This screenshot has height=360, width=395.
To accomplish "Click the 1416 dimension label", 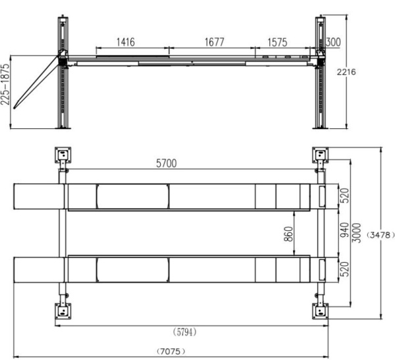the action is (x=126, y=42).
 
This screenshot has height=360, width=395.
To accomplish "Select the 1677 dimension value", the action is (x=214, y=42).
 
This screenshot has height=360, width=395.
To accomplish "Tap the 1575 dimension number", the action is (x=277, y=42).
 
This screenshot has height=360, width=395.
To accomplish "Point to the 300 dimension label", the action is (x=333, y=42).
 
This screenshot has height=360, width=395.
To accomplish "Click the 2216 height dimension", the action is (x=346, y=72).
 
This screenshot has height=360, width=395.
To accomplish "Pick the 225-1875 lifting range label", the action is (x=5, y=84).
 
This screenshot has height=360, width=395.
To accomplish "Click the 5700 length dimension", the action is (x=167, y=163).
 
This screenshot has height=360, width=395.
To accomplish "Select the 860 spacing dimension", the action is (x=289, y=234).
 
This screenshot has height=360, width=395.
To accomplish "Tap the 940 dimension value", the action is (x=344, y=230).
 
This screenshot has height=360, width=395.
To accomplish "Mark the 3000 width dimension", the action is (x=356, y=233).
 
